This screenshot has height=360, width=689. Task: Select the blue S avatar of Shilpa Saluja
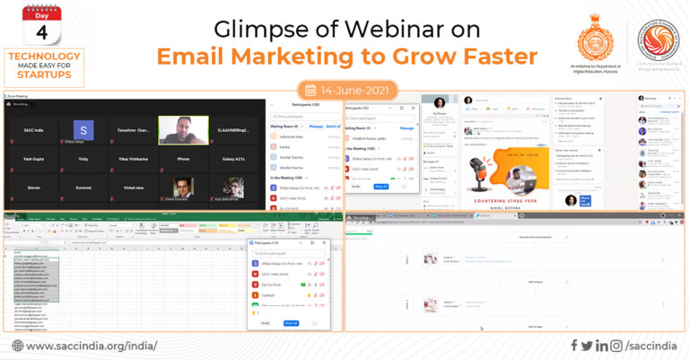(x=83, y=129)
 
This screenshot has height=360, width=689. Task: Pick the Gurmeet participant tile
(x=83, y=187)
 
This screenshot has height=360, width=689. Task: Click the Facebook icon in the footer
(x=573, y=346)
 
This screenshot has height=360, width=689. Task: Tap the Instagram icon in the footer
(x=618, y=346)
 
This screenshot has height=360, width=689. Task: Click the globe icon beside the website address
(x=17, y=346)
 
